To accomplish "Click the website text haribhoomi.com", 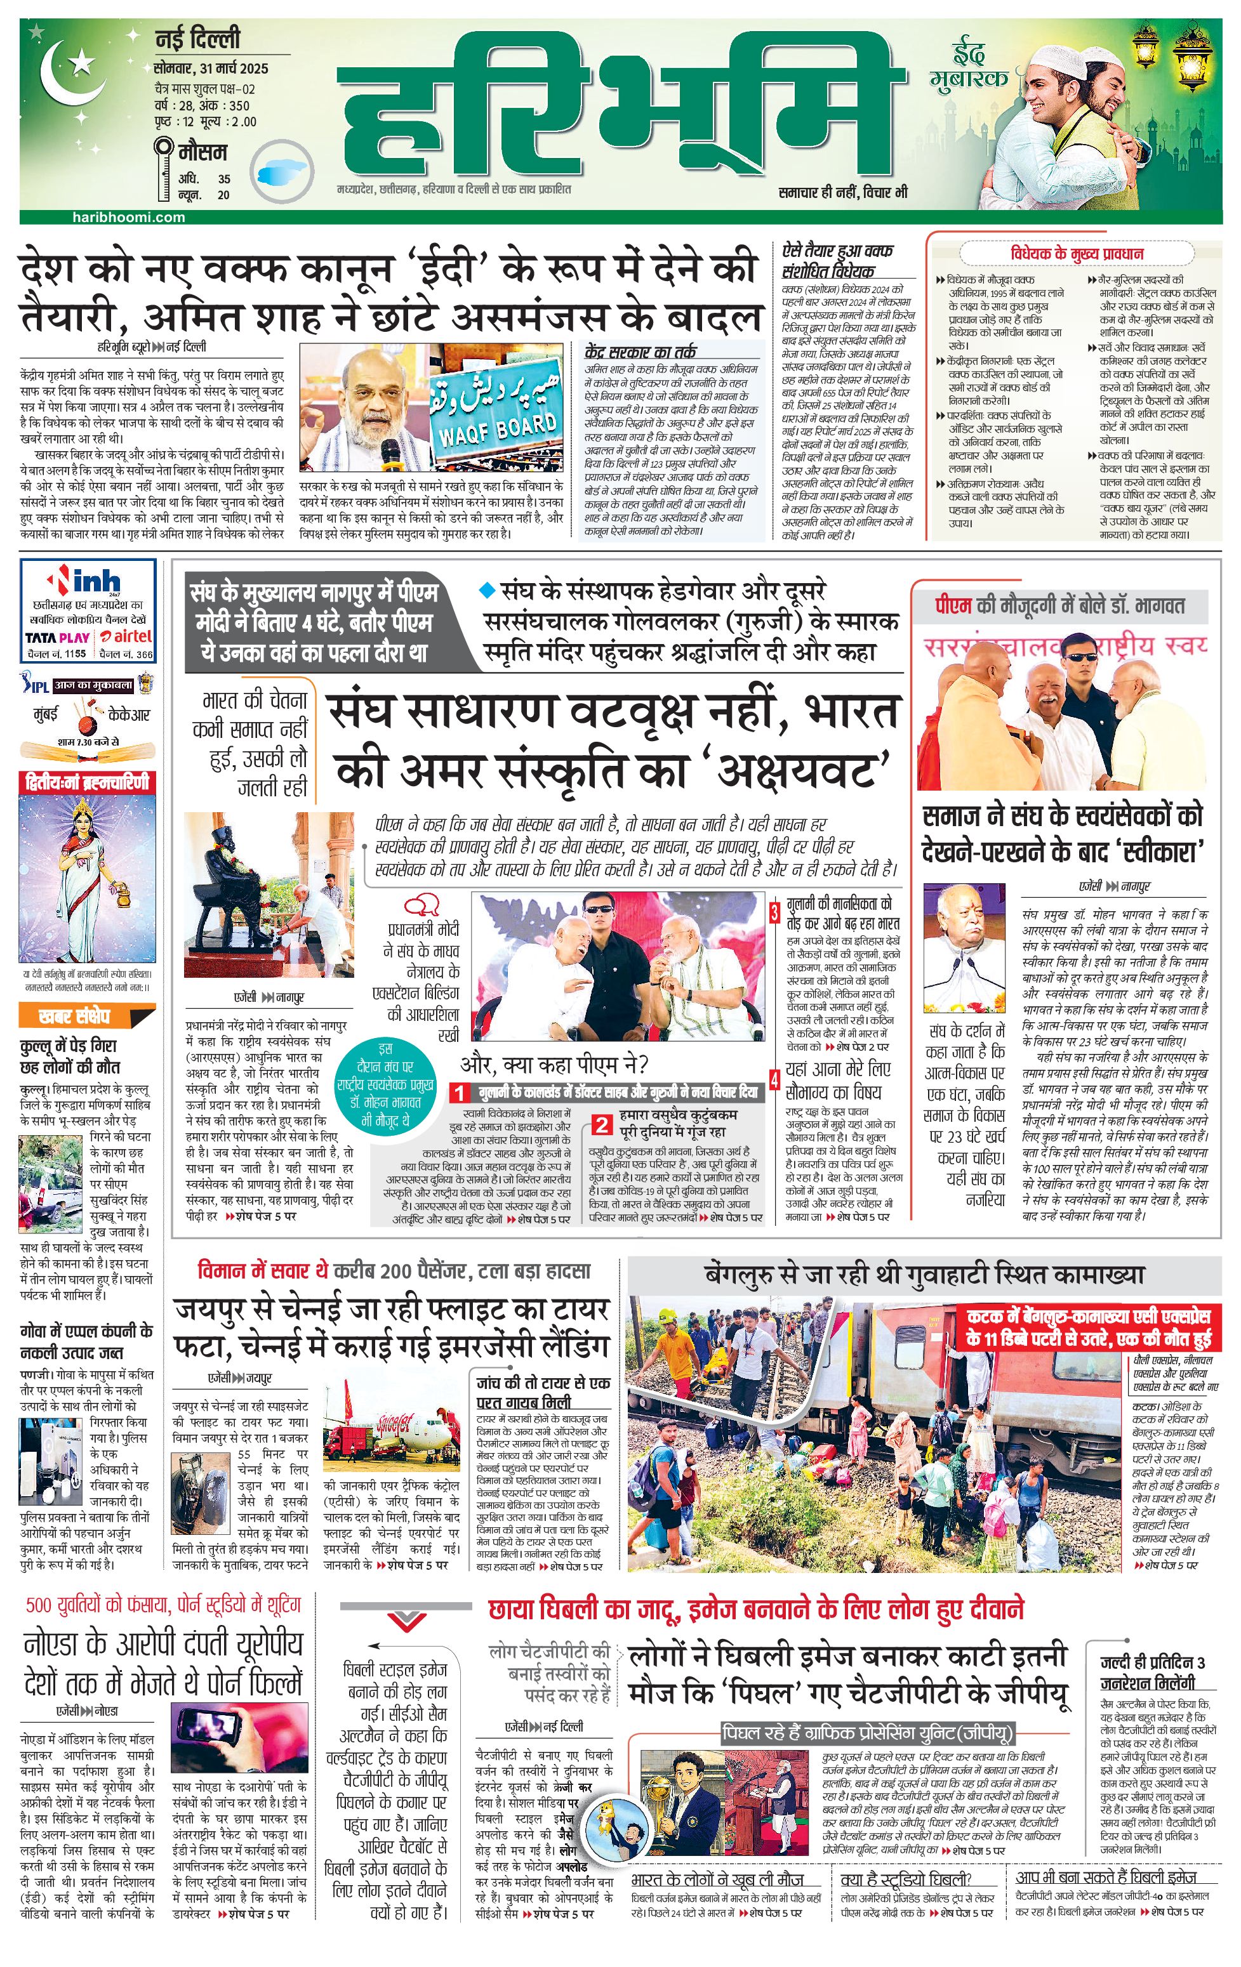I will tap(128, 217).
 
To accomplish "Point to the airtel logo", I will tap(126, 636).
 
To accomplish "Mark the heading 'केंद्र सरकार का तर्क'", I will tap(640, 352).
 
